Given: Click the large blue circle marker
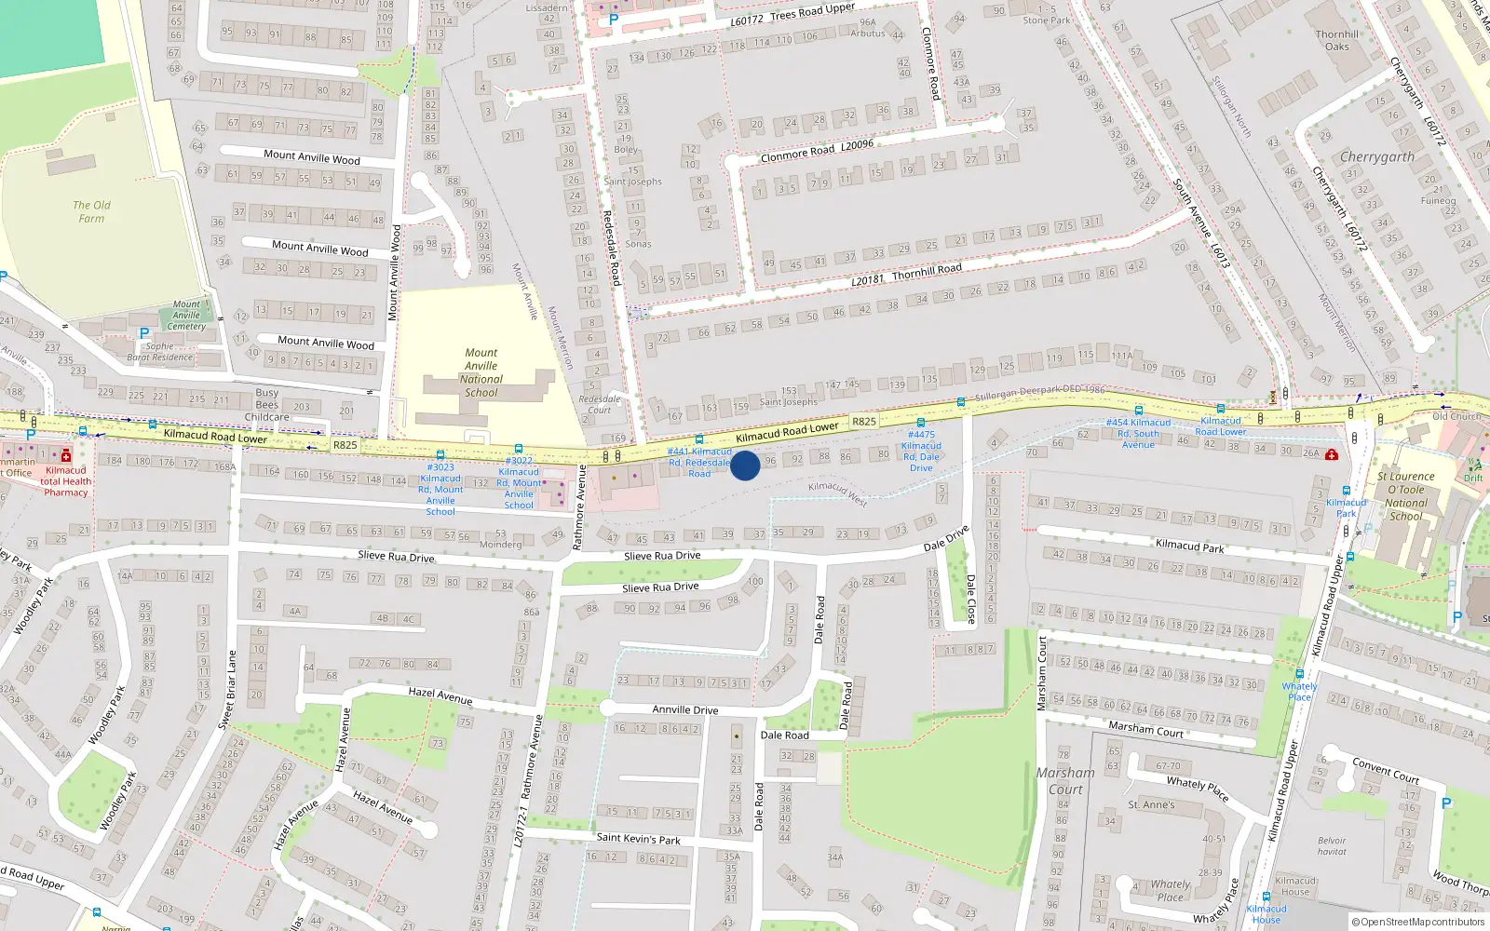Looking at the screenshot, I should click(745, 465).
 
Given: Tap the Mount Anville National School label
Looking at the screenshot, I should click(481, 372).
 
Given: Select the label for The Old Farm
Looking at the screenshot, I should click(91, 211).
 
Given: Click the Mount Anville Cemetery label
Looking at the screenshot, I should click(186, 316).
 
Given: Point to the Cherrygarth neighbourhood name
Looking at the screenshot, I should click(1376, 156).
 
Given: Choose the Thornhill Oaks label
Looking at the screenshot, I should click(1336, 40).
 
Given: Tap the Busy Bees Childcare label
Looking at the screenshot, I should click(267, 405).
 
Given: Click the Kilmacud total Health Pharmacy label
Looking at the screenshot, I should click(65, 481).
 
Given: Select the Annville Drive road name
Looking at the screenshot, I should click(685, 709).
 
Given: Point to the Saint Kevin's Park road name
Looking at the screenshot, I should click(638, 839).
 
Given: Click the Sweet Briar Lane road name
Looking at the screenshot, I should click(226, 689).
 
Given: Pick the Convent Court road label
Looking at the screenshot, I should click(1386, 770).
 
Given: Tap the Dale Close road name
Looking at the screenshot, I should click(969, 599).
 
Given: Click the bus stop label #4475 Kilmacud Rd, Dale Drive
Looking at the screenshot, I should click(921, 452).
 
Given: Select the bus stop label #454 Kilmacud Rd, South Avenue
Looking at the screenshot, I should click(1138, 434).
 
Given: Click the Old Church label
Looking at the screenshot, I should click(1456, 416).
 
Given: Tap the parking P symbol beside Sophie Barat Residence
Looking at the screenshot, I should click(143, 333).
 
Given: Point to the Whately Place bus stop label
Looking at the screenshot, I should click(1299, 692).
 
